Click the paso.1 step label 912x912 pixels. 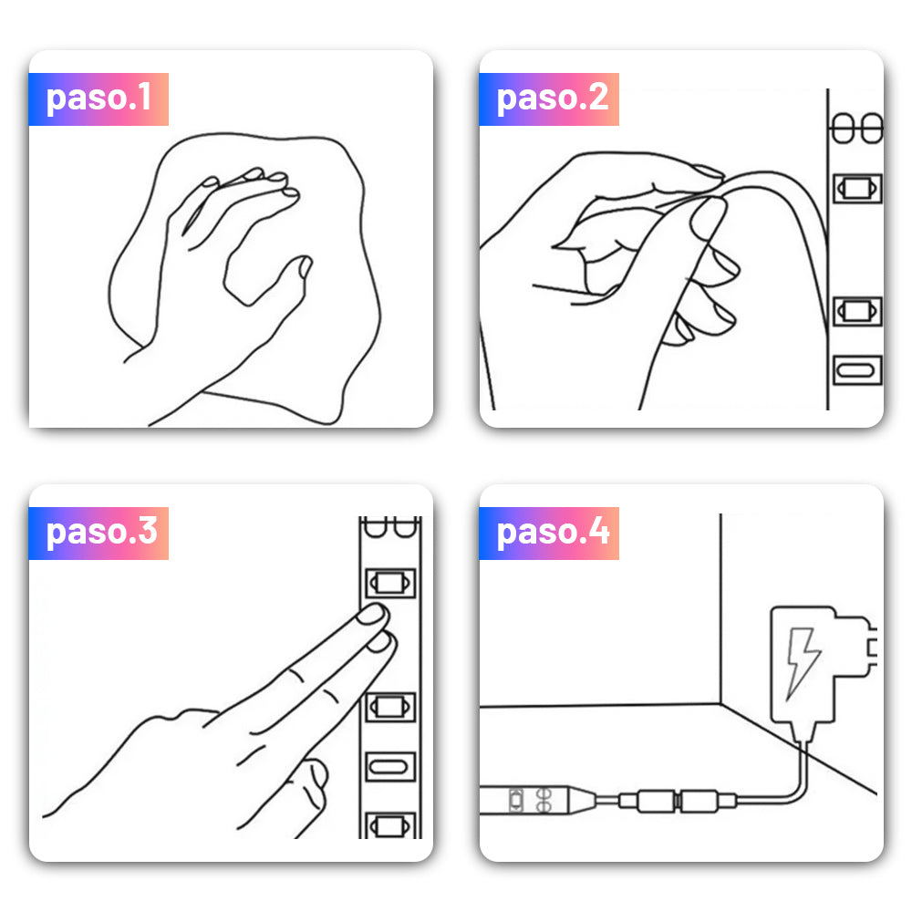pos(98,98)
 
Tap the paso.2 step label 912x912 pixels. pos(549,98)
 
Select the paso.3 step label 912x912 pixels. pos(98,533)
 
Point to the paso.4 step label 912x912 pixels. pos(549,533)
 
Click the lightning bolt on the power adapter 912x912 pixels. pos(802,663)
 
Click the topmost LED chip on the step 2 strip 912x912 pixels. pos(857,189)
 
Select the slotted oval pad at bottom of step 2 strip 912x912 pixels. pos(857,370)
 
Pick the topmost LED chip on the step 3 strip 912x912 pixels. pos(390,583)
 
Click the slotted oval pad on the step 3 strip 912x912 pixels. pos(390,767)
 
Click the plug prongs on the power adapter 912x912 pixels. pos(871,647)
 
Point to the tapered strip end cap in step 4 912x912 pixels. pos(583,801)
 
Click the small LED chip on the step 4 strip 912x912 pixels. pos(516,800)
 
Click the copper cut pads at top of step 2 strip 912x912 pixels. pos(857,129)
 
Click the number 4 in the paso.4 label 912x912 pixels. pos(598,531)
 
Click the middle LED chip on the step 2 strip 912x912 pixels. pos(857,311)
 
